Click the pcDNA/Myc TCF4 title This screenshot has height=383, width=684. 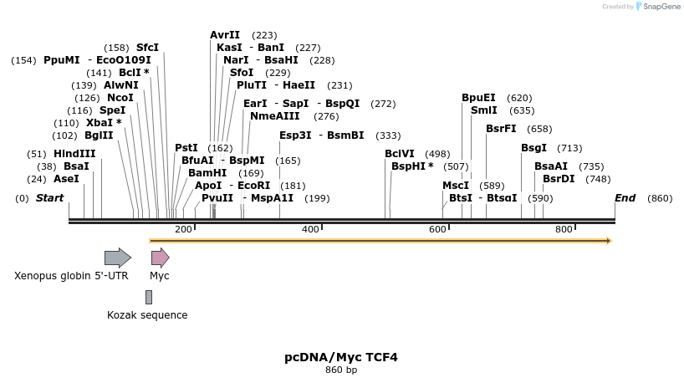click(x=341, y=357)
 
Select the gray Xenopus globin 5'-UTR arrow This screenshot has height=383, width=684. click(x=117, y=258)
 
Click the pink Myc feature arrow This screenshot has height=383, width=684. click(x=160, y=258)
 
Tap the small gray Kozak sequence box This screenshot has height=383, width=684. click(x=149, y=297)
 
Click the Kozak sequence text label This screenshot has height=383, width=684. click(x=147, y=315)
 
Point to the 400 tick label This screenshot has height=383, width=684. click(x=310, y=229)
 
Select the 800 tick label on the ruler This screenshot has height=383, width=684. click(x=564, y=229)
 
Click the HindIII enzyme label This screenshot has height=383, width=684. click(x=74, y=154)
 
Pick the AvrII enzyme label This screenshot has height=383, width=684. click(x=225, y=35)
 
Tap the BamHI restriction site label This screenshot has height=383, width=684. click(x=207, y=172)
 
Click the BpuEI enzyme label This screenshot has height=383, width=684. click(x=478, y=98)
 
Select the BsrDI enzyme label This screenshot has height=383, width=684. click(x=559, y=178)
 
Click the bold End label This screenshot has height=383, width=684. click(x=625, y=198)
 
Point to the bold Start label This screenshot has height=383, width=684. click(x=49, y=198)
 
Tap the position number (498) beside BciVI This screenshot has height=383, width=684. click(x=437, y=154)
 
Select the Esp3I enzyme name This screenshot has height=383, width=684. click(x=295, y=135)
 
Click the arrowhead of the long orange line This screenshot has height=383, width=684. click(x=608, y=241)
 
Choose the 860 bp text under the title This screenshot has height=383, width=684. click(x=341, y=370)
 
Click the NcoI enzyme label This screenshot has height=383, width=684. click(x=120, y=98)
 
